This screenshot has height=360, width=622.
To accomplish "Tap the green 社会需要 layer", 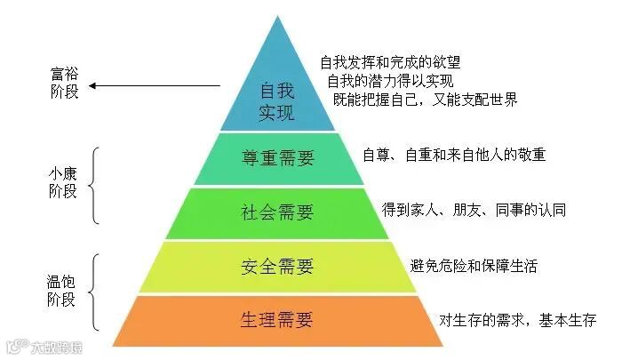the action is pos(277,212).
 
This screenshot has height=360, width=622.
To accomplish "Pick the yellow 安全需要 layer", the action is pos(277,266).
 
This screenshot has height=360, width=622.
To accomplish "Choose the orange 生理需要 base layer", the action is pos(277,319).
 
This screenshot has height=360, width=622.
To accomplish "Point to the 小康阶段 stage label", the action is pos(64,183).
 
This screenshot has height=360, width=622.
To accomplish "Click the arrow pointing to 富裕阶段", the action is pos(155,86).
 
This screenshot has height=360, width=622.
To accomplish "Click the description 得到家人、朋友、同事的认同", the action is pos(474,210).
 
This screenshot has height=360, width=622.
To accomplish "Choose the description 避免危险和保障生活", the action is pos(474,265).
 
